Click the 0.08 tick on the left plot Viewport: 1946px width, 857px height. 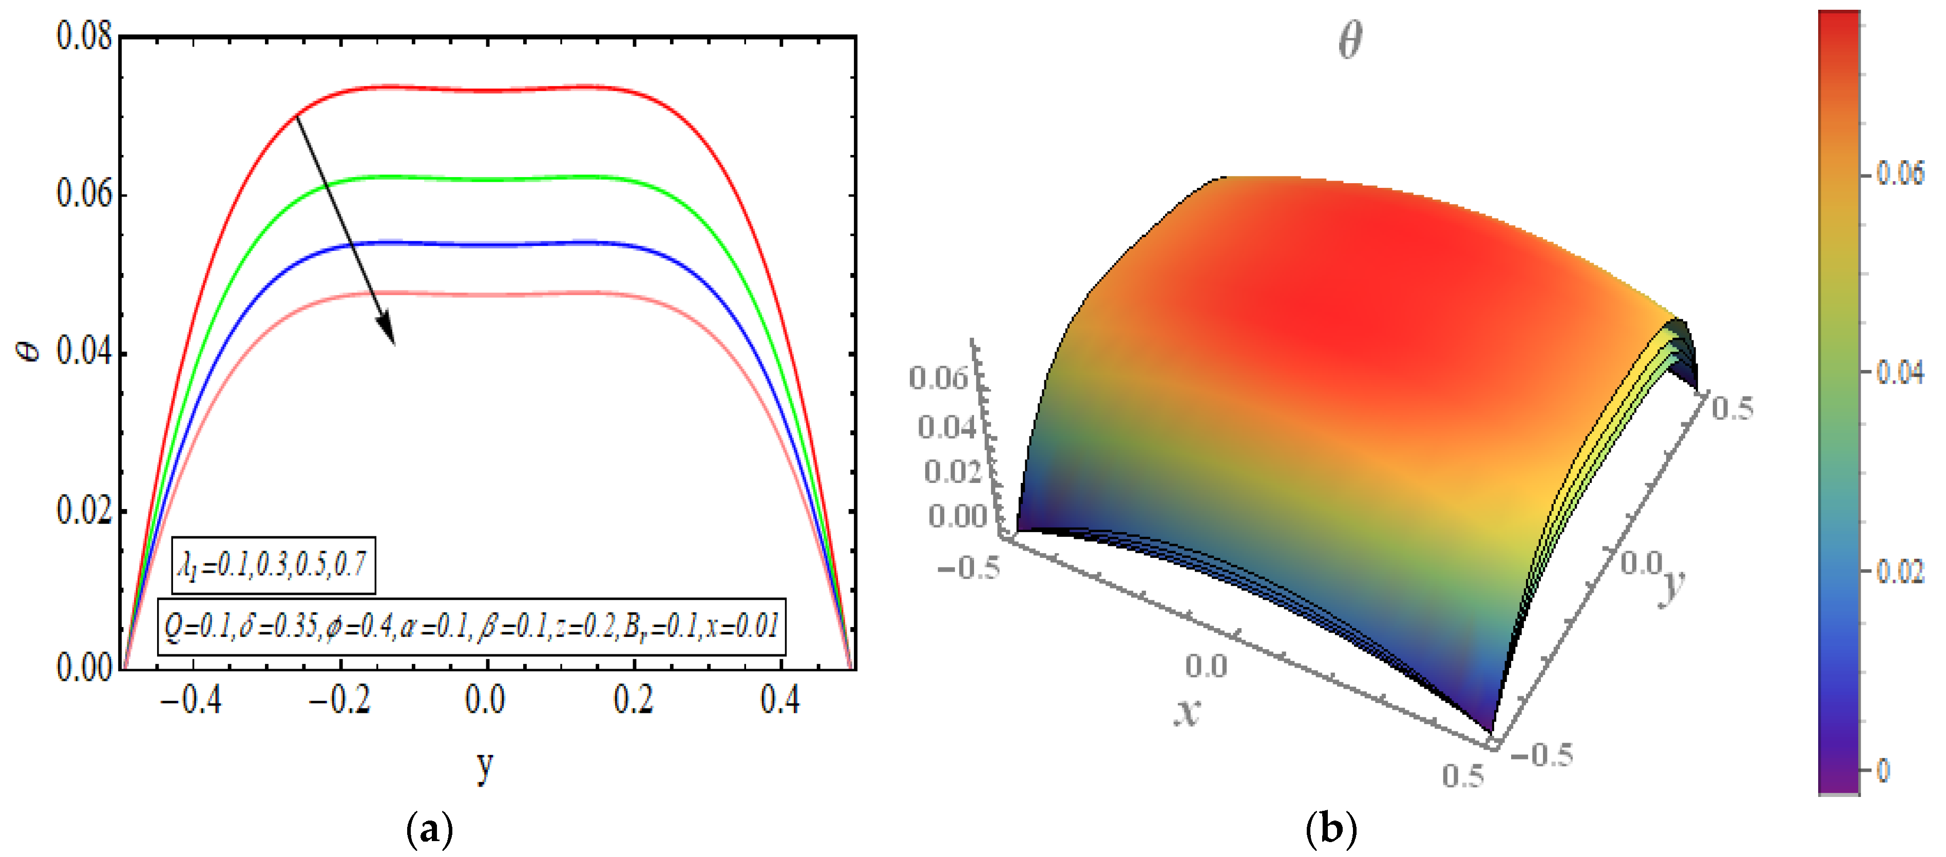point(85,36)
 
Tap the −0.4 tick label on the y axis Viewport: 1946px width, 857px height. point(190,700)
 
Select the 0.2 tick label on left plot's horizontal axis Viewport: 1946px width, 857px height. point(633,700)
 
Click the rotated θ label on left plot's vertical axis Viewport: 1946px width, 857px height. point(30,350)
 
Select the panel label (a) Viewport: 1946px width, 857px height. point(430,830)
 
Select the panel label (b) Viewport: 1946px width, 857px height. point(1330,830)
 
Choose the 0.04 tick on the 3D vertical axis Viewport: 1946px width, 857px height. point(946,427)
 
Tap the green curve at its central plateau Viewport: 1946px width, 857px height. point(487,180)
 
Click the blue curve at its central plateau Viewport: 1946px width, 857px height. point(487,245)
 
